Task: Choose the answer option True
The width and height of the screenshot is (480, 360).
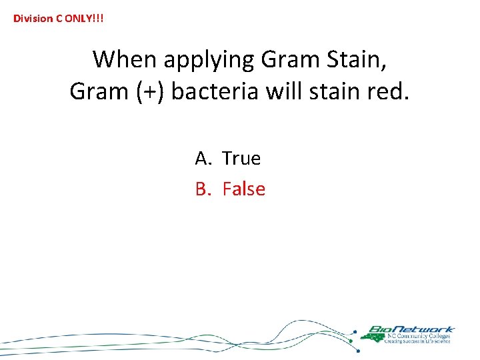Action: (241, 158)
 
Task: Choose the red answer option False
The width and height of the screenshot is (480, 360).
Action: (243, 189)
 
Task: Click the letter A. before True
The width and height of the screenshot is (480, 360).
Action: (203, 158)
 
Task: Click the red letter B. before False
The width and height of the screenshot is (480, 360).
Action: (203, 189)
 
